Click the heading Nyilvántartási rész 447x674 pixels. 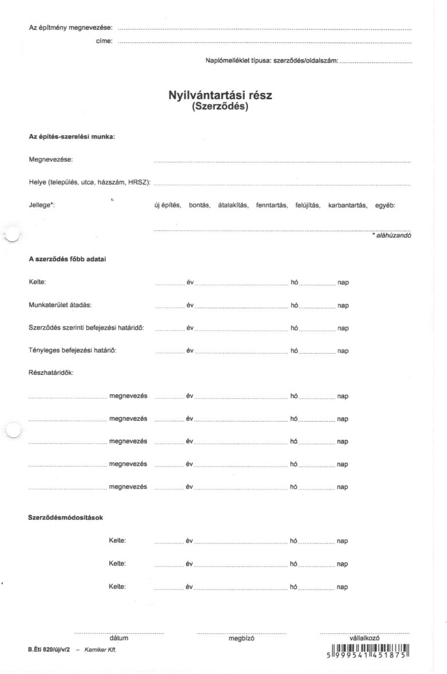(220, 96)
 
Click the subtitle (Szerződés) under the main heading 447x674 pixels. (220, 106)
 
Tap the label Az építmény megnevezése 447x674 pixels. (70, 28)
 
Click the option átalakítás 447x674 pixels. (233, 205)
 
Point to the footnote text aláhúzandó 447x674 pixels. (393, 235)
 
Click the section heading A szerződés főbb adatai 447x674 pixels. (67, 259)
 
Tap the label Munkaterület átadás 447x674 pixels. (60, 305)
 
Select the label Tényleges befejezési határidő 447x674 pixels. (72, 350)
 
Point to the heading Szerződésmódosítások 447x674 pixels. (65, 518)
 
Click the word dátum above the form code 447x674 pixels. (118, 638)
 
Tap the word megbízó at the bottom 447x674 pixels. (241, 638)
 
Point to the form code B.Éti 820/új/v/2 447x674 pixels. (49, 650)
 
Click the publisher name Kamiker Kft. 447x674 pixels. (100, 650)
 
